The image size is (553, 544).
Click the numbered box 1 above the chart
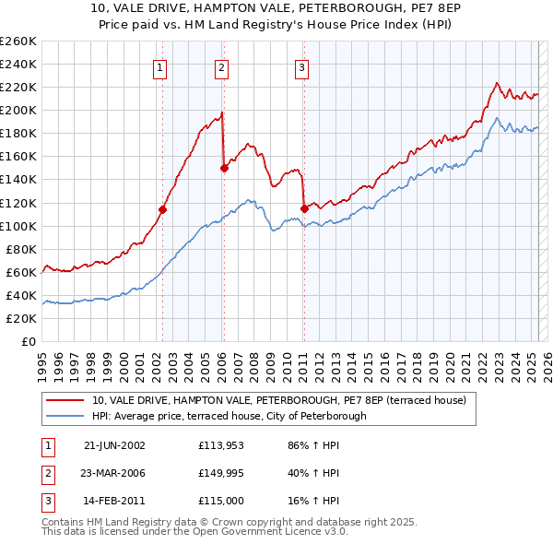pyautogui.click(x=160, y=65)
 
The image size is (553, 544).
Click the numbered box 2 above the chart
pyautogui.click(x=222, y=65)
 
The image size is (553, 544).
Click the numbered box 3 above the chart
pyautogui.click(x=302, y=65)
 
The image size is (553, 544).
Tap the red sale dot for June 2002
pyautogui.click(x=162, y=209)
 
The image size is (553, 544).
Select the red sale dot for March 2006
pyautogui.click(x=223, y=168)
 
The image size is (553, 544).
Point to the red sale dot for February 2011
pyautogui.click(x=303, y=208)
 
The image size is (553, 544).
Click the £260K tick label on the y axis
pyautogui.click(x=18, y=41)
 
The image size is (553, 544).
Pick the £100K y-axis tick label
pyautogui.click(x=18, y=226)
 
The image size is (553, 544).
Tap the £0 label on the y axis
pyautogui.click(x=29, y=341)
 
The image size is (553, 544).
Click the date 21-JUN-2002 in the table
pyautogui.click(x=114, y=444)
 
